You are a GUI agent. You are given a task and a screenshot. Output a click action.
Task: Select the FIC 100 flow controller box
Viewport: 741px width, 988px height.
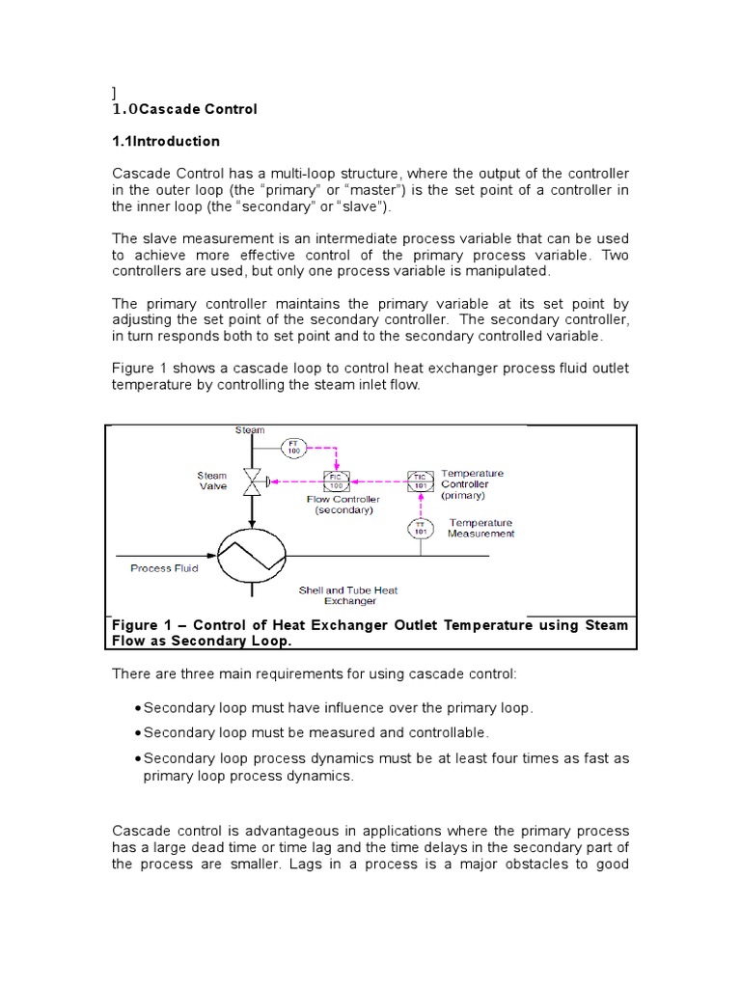(337, 480)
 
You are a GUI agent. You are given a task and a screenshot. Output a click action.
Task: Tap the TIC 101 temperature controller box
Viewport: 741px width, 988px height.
(420, 480)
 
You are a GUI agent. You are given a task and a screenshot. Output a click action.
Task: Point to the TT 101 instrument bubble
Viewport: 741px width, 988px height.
(420, 530)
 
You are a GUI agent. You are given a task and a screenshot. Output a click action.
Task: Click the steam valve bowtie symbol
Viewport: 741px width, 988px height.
(251, 480)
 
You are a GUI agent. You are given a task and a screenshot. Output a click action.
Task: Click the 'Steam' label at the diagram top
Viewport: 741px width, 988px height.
(250, 430)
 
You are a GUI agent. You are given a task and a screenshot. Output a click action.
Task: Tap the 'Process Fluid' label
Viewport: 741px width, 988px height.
(164, 568)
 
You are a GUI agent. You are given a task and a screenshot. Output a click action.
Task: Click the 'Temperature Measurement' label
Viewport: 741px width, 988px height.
(480, 528)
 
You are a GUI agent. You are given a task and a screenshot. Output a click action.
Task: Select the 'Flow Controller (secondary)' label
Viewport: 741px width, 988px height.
(343, 505)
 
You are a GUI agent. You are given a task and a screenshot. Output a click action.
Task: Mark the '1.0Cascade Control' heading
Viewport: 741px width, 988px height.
(184, 109)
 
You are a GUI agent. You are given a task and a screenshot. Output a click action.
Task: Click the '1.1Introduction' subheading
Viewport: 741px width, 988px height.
(166, 141)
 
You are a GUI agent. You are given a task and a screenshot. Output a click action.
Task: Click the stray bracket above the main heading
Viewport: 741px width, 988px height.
(114, 93)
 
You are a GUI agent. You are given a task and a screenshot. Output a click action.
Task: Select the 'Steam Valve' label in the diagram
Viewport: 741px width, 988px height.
(212, 480)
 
